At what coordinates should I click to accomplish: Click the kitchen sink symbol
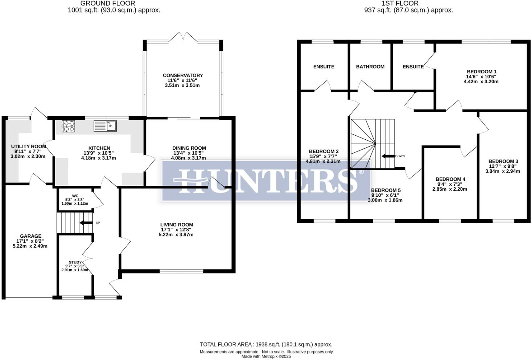coord(105,126)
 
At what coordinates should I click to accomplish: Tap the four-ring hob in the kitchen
coord(69,126)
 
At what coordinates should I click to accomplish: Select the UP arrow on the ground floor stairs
coord(86,223)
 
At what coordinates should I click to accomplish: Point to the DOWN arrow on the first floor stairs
coord(388,156)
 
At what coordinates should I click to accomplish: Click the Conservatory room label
coord(183,75)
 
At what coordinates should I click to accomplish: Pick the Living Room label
coord(177,225)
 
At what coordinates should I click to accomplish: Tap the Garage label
coord(30,236)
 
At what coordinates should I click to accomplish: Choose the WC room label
coord(75,196)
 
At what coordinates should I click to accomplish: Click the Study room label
coord(75,262)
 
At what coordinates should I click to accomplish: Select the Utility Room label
coord(28,147)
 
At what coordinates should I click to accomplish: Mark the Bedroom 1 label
coord(481,72)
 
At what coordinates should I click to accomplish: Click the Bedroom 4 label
coord(450,179)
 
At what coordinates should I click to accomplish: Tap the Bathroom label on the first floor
coord(370,67)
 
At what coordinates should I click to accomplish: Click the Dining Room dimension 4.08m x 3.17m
coord(189,158)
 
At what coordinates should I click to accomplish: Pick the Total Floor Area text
coord(266,344)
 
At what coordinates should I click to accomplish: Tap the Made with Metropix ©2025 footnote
coord(266,356)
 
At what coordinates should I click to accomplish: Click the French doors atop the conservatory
coord(183,36)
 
